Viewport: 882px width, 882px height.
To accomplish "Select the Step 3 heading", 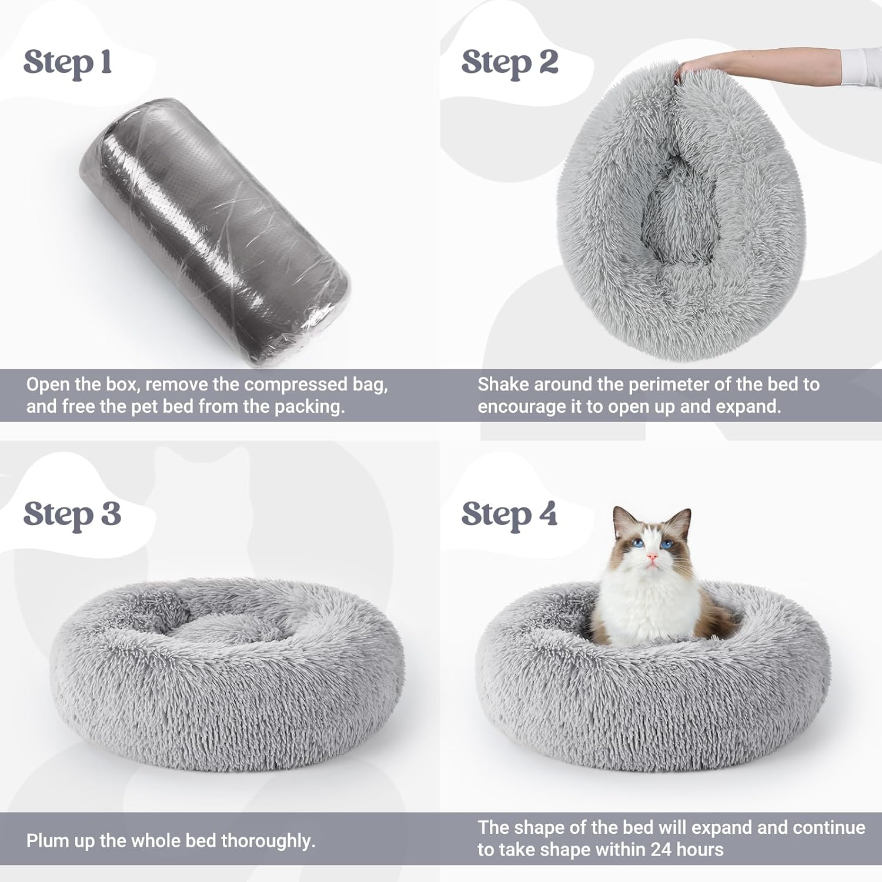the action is (x=72, y=515).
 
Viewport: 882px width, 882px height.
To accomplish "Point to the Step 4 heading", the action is (x=509, y=515).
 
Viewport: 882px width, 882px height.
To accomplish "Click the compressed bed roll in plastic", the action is (x=215, y=232).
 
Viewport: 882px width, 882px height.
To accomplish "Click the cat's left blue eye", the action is (x=639, y=543).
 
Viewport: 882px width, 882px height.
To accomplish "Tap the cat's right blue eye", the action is (x=666, y=544).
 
